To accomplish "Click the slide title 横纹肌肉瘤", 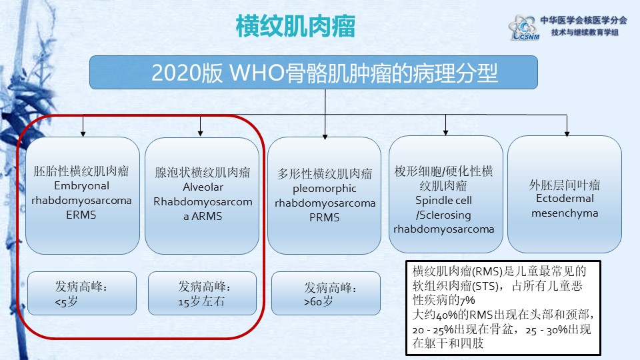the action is click(295, 27).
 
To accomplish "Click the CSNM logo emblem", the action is click(523, 28).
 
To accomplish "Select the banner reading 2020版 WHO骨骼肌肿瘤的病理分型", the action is click(313, 72).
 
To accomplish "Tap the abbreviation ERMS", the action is click(81, 215).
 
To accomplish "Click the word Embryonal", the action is click(81, 186).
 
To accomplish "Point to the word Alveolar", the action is click(203, 187).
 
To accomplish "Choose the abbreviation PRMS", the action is click(325, 217).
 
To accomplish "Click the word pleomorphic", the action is click(325, 189).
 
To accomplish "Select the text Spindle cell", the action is click(444, 201).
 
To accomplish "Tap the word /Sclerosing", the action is click(444, 215).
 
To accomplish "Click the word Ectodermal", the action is click(565, 199).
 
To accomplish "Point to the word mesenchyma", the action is click(565, 213).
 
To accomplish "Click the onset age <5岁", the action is click(66, 302).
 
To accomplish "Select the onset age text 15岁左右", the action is click(201, 301).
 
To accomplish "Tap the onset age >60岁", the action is click(319, 302).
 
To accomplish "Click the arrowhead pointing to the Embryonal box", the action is click(83, 134).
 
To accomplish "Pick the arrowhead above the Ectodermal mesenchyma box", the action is click(567, 133).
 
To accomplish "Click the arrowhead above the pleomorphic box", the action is click(325, 137).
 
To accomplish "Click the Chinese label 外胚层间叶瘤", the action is click(565, 185).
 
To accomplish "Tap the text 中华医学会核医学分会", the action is click(584, 20).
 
